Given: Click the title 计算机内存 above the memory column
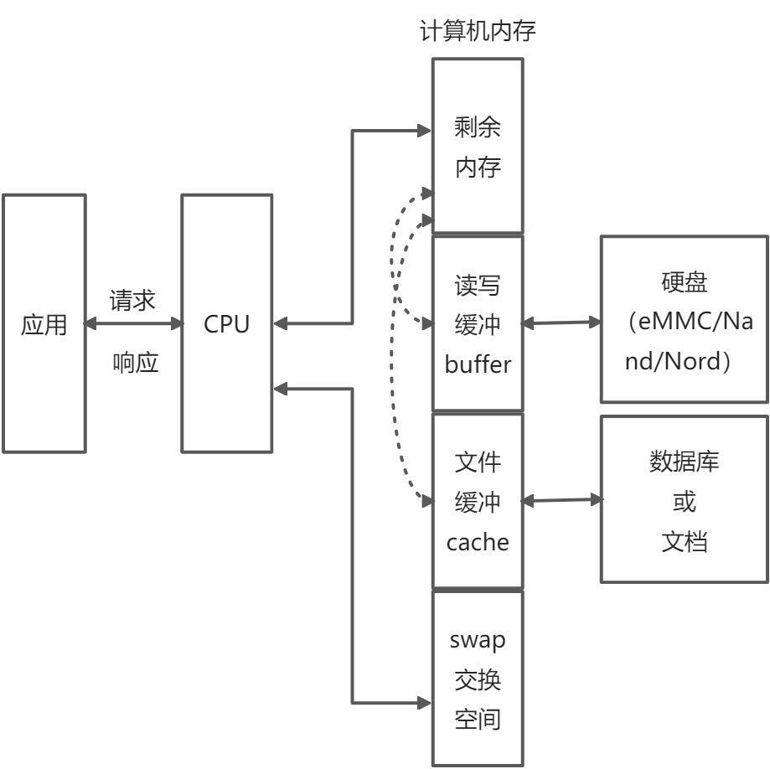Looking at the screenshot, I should [477, 32].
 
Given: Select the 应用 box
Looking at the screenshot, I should [44, 323].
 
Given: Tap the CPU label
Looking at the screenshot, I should [226, 324].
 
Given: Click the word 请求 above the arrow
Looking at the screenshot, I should [132, 300].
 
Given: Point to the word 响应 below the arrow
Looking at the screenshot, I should [135, 364].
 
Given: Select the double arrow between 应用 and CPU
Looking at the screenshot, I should [133, 323].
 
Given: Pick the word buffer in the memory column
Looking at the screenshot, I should [478, 364].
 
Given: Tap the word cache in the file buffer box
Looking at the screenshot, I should [478, 542].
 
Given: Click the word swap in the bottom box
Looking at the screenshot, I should [478, 640].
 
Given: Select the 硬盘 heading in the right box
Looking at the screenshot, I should [684, 282].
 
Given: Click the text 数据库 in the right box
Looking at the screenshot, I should [684, 461].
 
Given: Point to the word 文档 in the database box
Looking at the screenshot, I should [684, 541].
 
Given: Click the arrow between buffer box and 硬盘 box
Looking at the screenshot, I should [561, 323].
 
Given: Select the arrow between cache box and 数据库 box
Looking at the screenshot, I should [561, 500].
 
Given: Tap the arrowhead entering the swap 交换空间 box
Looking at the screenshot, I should [424, 701].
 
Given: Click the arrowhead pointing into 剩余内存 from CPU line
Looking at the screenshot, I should [424, 130].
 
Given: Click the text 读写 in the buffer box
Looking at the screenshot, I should [478, 285].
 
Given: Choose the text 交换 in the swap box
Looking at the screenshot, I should [478, 679].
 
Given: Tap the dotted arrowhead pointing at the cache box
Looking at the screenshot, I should [426, 501].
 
